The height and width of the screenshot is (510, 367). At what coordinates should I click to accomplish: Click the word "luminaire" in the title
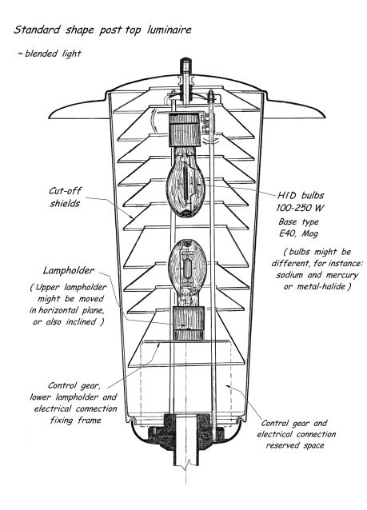click(x=170, y=30)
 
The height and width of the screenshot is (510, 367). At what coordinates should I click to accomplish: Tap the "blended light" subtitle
click(x=53, y=54)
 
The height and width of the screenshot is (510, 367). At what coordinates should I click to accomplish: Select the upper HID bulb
click(x=185, y=181)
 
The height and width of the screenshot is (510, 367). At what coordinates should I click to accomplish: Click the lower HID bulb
click(x=187, y=273)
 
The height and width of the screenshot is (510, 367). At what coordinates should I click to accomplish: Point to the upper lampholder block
click(x=185, y=129)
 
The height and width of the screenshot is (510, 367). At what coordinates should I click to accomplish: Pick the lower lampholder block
click(x=189, y=323)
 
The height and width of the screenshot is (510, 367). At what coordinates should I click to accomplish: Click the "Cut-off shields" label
click(x=65, y=197)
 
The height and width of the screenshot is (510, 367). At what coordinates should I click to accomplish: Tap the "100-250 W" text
click(x=300, y=208)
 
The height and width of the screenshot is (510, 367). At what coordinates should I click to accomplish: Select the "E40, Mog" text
click(x=298, y=233)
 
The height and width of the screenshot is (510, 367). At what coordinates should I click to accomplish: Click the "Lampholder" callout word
click(x=69, y=271)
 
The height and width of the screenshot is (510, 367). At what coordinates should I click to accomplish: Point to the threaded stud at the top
click(x=185, y=66)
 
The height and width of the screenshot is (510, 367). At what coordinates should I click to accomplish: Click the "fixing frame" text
click(x=76, y=420)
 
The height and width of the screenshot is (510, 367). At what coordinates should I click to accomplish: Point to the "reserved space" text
click(x=295, y=445)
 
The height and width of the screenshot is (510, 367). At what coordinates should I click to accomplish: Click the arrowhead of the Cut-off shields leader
click(x=131, y=217)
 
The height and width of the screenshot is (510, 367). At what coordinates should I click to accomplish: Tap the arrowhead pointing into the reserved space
click(x=229, y=386)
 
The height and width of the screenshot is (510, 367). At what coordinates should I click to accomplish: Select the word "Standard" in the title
click(x=37, y=30)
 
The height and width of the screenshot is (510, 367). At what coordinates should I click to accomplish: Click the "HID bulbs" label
click(x=301, y=196)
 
